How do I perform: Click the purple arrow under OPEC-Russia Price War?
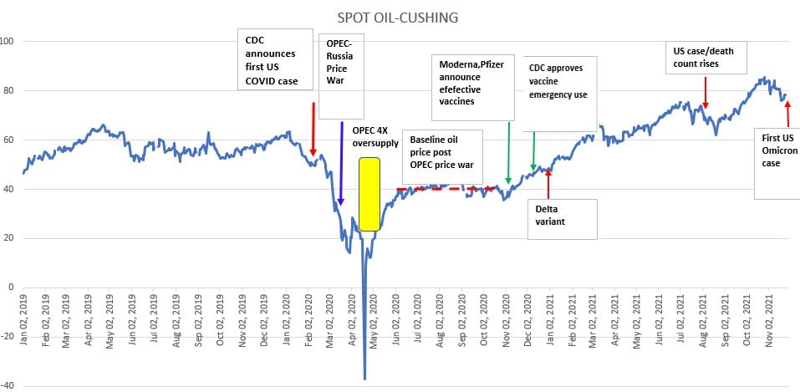(341, 163)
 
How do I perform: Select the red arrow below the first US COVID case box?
(313, 129)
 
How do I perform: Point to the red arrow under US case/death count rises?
(706, 92)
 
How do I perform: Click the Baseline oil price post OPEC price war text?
(441, 152)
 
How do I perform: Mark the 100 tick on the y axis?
(12, 42)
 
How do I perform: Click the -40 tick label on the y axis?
(9, 385)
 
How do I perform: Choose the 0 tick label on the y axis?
(12, 287)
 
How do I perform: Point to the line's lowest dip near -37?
(364, 378)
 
